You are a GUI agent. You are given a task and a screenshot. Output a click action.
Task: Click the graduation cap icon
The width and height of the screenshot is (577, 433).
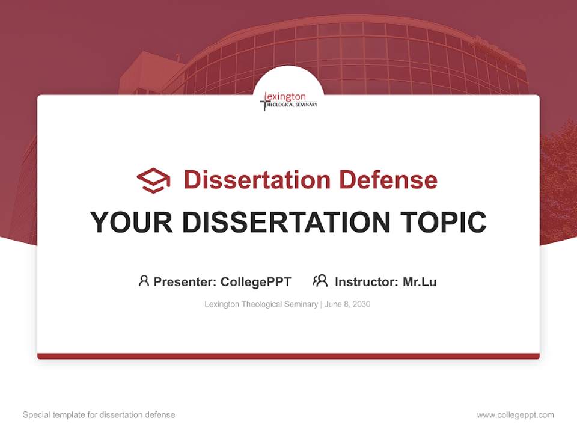[x=153, y=180]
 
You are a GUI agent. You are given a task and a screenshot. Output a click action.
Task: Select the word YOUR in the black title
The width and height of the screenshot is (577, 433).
[x=131, y=222]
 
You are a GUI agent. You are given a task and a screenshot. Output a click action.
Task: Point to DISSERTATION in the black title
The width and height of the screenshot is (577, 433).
[x=285, y=222]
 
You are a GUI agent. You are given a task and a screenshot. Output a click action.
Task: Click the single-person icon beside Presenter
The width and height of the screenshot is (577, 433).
[x=144, y=281]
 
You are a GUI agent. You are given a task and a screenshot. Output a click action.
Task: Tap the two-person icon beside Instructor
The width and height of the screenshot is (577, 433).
[x=320, y=281]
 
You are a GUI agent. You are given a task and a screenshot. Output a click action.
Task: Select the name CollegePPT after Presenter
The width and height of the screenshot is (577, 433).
[x=256, y=281]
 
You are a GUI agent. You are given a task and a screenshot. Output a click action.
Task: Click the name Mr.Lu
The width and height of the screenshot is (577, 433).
[x=420, y=281]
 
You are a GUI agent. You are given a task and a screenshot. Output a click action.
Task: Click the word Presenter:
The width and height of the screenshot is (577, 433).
[x=185, y=281]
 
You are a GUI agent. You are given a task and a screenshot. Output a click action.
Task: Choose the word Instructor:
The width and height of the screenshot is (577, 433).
[x=366, y=281]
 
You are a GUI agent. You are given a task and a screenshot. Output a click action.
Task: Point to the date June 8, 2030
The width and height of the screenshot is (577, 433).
[x=347, y=304]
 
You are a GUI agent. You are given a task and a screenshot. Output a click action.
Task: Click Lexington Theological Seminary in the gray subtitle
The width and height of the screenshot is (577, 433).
[x=261, y=304]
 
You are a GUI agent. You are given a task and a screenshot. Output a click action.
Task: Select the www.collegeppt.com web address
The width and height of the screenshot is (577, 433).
[x=515, y=415]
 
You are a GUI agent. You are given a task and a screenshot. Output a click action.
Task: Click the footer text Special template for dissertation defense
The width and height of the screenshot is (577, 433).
[x=99, y=415]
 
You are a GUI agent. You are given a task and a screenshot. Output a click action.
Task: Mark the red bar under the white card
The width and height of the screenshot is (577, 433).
[x=288, y=356]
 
